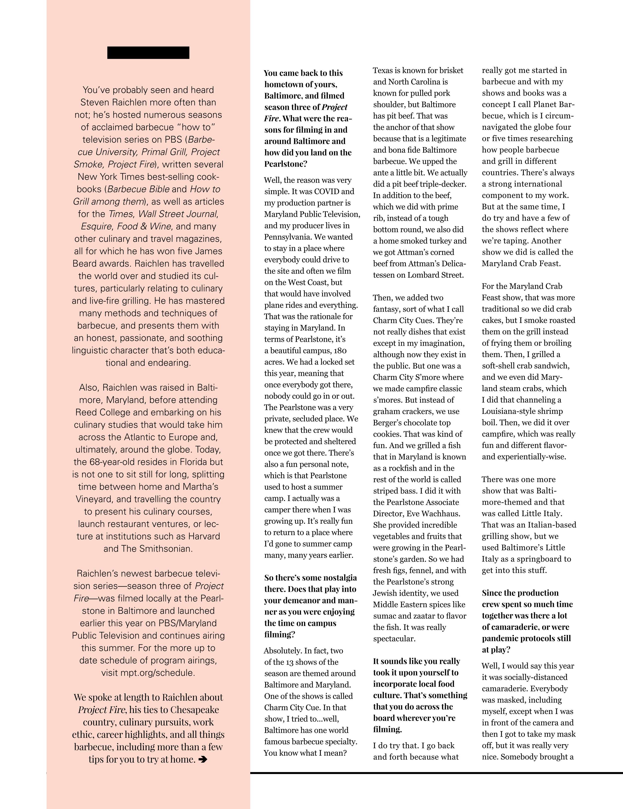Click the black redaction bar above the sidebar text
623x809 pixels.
click(x=148, y=53)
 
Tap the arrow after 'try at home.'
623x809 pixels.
click(x=203, y=759)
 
